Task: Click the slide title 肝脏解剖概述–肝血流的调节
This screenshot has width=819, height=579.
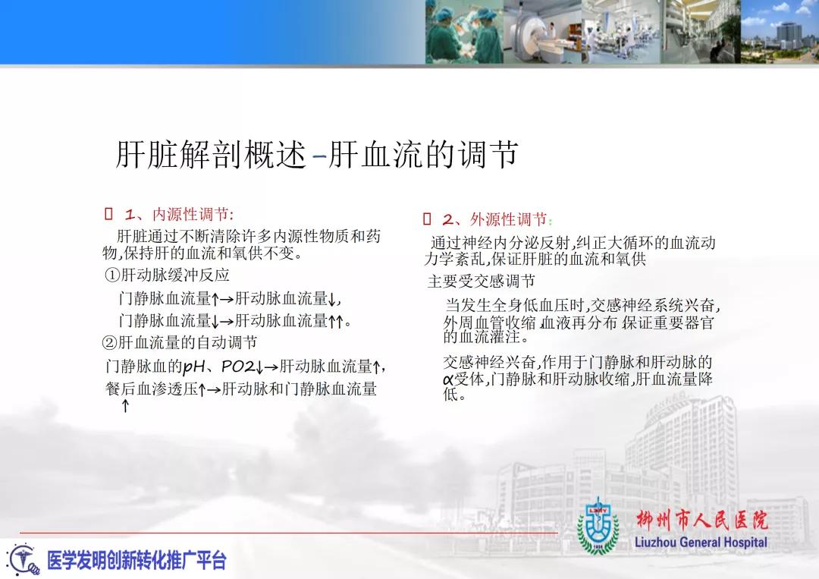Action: (x=316, y=155)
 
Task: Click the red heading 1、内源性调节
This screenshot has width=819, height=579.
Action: (x=179, y=214)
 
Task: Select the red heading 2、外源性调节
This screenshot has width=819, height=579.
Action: (x=497, y=219)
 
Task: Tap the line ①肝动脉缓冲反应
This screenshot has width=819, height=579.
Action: (x=167, y=275)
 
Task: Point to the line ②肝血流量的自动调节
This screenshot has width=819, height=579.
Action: (x=180, y=343)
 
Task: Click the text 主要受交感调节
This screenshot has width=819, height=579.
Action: (x=481, y=282)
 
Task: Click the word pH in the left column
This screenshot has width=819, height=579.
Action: (x=194, y=367)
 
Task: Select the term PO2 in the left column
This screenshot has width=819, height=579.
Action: (x=238, y=367)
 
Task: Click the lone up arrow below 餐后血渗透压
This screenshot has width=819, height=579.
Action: (x=125, y=405)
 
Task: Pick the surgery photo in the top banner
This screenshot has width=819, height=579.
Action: (x=464, y=32)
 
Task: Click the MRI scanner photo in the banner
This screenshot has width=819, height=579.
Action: (x=543, y=32)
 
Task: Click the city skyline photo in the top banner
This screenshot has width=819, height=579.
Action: (x=780, y=32)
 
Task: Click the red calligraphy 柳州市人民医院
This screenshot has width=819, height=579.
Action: (x=702, y=520)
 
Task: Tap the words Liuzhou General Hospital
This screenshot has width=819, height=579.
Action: (x=701, y=543)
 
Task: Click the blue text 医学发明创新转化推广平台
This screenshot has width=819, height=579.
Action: (x=136, y=561)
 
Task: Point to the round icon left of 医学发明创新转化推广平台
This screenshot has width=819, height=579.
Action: (x=23, y=560)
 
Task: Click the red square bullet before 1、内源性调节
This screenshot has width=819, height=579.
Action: (x=108, y=213)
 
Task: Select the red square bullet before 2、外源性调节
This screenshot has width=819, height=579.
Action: (x=427, y=219)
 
